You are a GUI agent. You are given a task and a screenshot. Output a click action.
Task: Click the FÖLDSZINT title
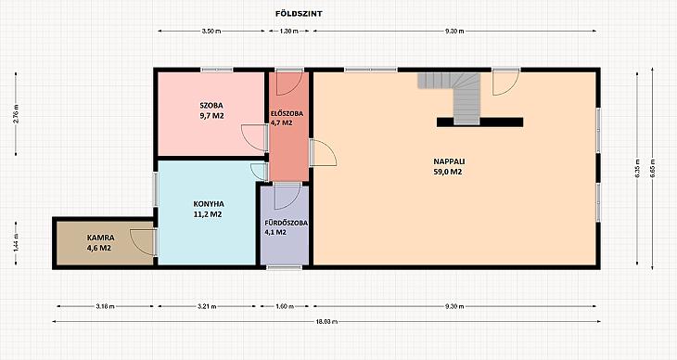coord(299,13)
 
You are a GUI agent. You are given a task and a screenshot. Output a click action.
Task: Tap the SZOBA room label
coord(211,106)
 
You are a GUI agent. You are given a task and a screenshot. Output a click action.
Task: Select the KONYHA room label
coord(208,204)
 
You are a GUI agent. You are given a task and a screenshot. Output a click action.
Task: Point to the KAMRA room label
coord(100,238)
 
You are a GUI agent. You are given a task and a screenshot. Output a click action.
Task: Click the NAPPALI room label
coord(449,161)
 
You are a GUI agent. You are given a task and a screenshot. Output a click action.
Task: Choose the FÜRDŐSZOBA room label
coord(286,223)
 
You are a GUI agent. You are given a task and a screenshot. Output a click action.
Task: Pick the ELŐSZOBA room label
coord(287,114)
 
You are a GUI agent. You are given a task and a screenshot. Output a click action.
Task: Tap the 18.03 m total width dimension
coord(326,322)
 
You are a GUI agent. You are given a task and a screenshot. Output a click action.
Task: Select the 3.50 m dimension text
coord(211,32)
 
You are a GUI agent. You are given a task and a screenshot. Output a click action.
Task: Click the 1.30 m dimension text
coord(288,32)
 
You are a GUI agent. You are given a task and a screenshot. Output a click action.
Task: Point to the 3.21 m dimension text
coord(207,306)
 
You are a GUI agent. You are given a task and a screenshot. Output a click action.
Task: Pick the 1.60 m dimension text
coord(285,306)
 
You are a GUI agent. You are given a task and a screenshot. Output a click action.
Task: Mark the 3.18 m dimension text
coord(105,306)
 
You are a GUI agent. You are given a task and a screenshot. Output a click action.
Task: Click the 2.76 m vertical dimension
coord(16,114)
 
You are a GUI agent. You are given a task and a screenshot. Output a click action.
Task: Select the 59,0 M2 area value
coord(449,172)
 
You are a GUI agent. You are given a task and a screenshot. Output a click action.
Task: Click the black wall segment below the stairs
coord(479,122)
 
